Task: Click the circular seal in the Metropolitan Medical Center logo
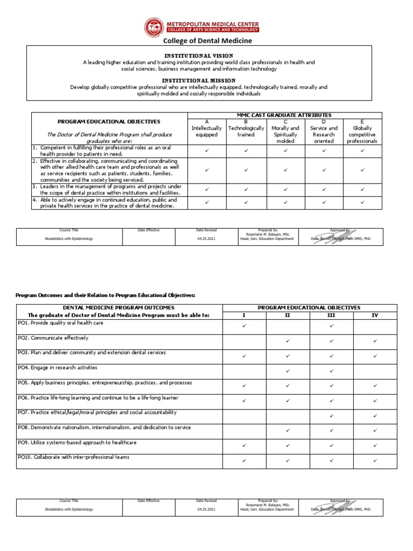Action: coord(155,27)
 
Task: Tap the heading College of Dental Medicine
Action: coord(207,40)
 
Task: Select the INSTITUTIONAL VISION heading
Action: coord(198,55)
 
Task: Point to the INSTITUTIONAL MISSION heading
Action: coord(198,80)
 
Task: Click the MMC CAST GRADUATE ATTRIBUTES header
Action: coord(284,115)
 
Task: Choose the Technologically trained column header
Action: coord(246,132)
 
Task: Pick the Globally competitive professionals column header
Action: coord(362,135)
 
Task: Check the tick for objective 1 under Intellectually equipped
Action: coord(206,151)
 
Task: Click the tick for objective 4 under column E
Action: coord(362,202)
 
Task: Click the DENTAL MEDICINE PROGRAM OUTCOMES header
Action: coord(119,307)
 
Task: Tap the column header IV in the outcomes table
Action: coord(375,315)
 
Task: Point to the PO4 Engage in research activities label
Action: coord(58,368)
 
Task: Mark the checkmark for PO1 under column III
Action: coord(331,326)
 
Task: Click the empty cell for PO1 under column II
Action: coord(288,327)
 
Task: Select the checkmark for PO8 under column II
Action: coord(288,430)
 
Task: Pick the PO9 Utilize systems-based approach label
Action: coord(77,442)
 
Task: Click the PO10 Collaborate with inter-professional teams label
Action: coord(73,457)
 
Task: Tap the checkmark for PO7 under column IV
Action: coord(375,415)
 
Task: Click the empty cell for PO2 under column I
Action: coord(244,341)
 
